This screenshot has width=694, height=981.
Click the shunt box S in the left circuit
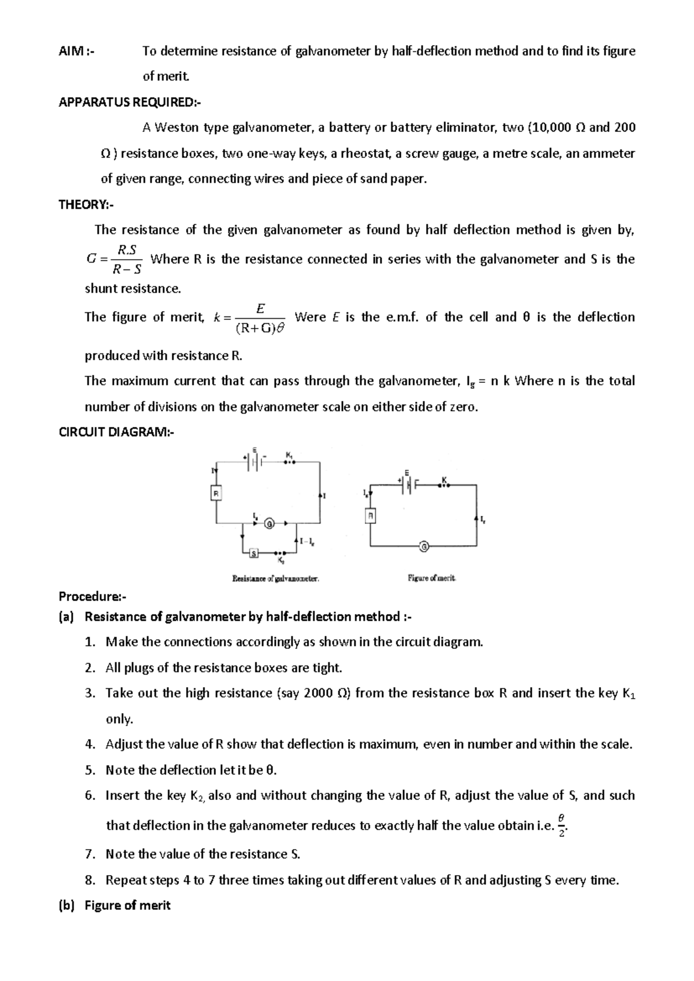click(x=253, y=554)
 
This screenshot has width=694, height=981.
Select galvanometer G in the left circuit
click(x=269, y=524)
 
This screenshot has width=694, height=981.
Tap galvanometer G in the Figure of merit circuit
click(x=424, y=546)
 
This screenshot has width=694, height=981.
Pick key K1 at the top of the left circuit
click(x=290, y=460)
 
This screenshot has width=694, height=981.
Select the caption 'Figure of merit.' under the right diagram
click(x=431, y=577)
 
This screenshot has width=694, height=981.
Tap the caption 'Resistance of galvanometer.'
click(x=276, y=577)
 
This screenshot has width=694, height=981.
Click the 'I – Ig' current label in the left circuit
click(x=307, y=542)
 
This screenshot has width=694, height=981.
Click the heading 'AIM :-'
click(x=76, y=51)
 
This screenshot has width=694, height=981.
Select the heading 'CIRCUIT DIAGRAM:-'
click(x=116, y=432)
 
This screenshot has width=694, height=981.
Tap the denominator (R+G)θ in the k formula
click(x=261, y=329)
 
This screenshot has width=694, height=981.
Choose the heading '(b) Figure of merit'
click(x=115, y=905)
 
